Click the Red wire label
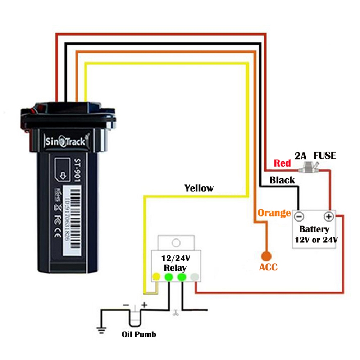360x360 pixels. (x=282, y=163)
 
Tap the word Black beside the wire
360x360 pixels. (x=282, y=180)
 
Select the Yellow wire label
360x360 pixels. (x=199, y=188)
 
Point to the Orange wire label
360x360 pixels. (x=274, y=213)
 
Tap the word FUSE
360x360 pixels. (x=325, y=156)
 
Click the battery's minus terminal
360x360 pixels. (x=299, y=217)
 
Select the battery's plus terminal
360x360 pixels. (x=328, y=217)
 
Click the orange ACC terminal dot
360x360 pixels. (x=266, y=256)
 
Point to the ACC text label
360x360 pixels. (x=268, y=268)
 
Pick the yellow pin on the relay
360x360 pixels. (x=156, y=277)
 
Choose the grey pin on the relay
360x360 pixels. (x=195, y=277)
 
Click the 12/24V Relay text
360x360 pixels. (x=175, y=263)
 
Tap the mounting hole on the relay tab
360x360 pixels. (x=176, y=242)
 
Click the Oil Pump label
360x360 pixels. (x=138, y=334)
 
